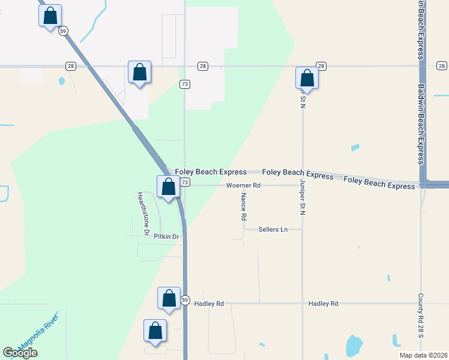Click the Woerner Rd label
click(x=243, y=185)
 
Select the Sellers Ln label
click(x=273, y=229)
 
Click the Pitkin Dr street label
click(x=166, y=236)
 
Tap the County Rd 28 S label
click(x=421, y=314)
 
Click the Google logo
click(x=20, y=353)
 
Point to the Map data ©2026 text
click(x=424, y=355)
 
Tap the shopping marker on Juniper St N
click(x=307, y=77)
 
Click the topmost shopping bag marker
click(x=50, y=16)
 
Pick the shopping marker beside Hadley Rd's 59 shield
click(x=169, y=298)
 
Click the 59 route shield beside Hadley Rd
click(x=185, y=300)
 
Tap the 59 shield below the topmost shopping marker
click(x=62, y=31)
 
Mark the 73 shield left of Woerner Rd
click(x=185, y=182)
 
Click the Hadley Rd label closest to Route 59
click(x=209, y=304)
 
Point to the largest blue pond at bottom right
click(x=354, y=345)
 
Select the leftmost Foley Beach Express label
click(x=211, y=172)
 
